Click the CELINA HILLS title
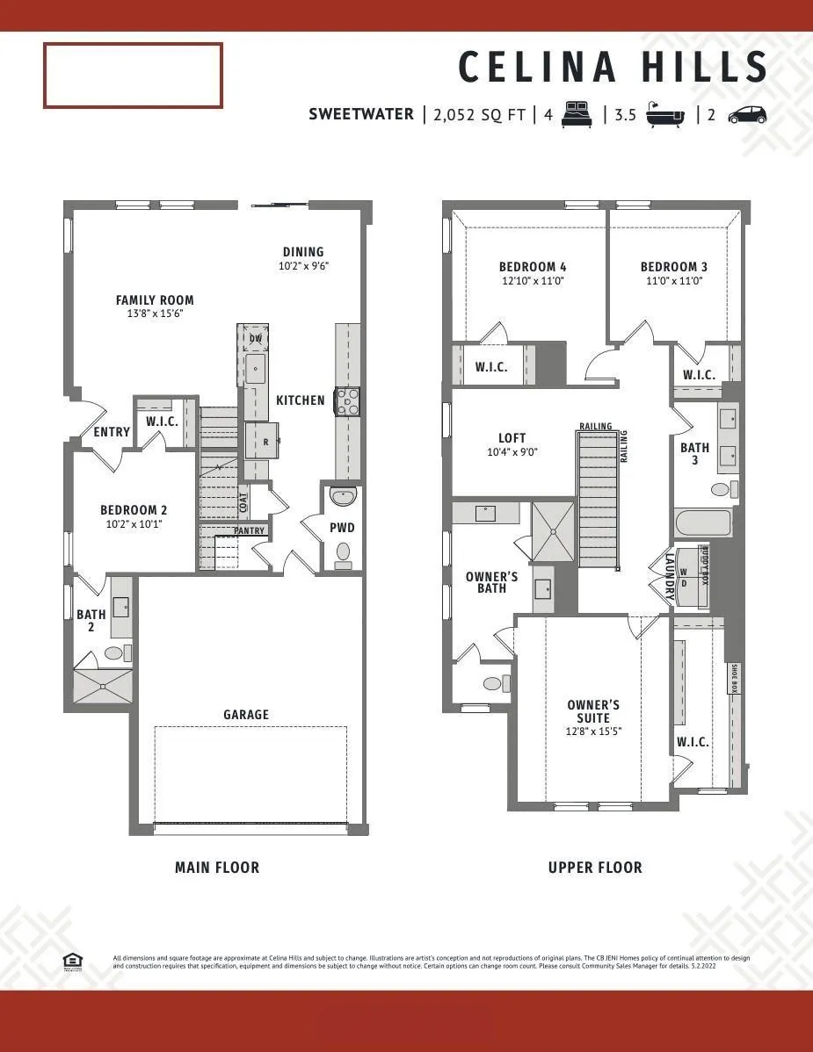click(613, 68)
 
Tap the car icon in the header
click(747, 115)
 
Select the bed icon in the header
click(577, 114)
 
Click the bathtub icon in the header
click(665, 115)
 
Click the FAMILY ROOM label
click(155, 300)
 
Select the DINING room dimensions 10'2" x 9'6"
click(303, 265)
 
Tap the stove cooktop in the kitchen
click(346, 400)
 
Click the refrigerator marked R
click(263, 442)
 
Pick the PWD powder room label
click(342, 528)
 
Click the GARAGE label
click(246, 715)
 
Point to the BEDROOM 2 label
click(134, 510)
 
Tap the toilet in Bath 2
click(115, 652)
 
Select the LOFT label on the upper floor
click(512, 438)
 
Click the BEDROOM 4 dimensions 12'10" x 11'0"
click(532, 281)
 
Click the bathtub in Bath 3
click(702, 525)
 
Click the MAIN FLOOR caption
click(217, 868)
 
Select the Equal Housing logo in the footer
click(73, 960)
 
